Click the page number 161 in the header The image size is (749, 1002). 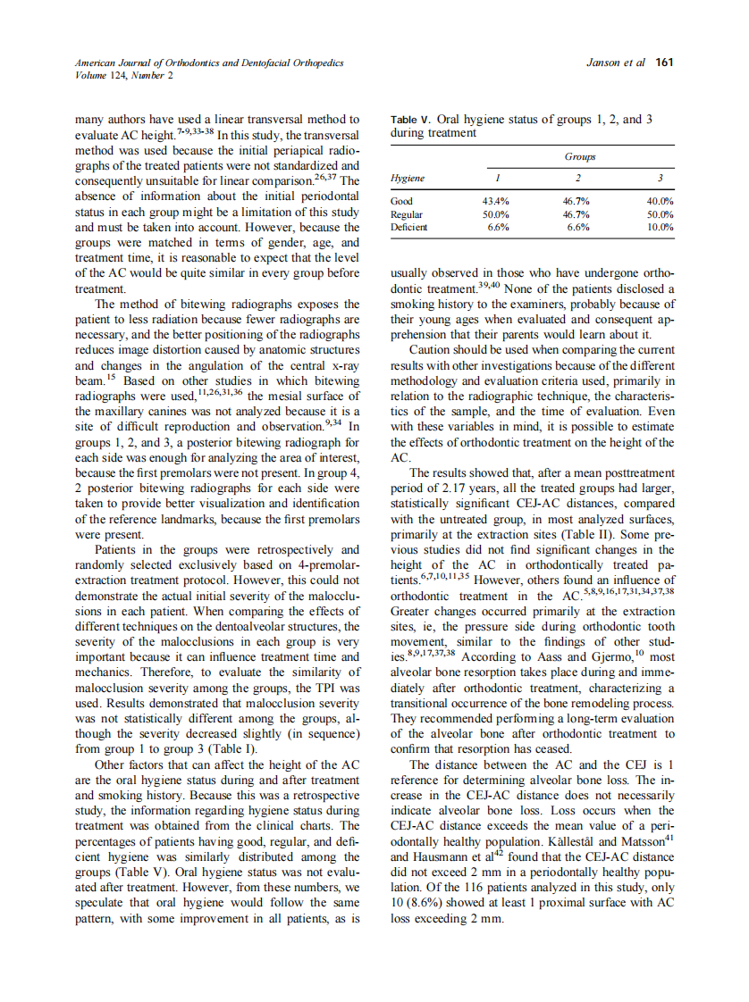[664, 63]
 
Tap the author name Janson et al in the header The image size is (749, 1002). [617, 63]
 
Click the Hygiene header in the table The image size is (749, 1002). [408, 179]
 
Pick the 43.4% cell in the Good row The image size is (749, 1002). [496, 202]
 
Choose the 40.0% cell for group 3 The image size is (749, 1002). [660, 202]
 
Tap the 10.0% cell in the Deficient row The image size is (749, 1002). [660, 228]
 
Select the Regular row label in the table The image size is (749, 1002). [407, 215]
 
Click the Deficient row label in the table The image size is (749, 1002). [409, 228]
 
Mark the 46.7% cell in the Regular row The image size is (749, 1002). [578, 215]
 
